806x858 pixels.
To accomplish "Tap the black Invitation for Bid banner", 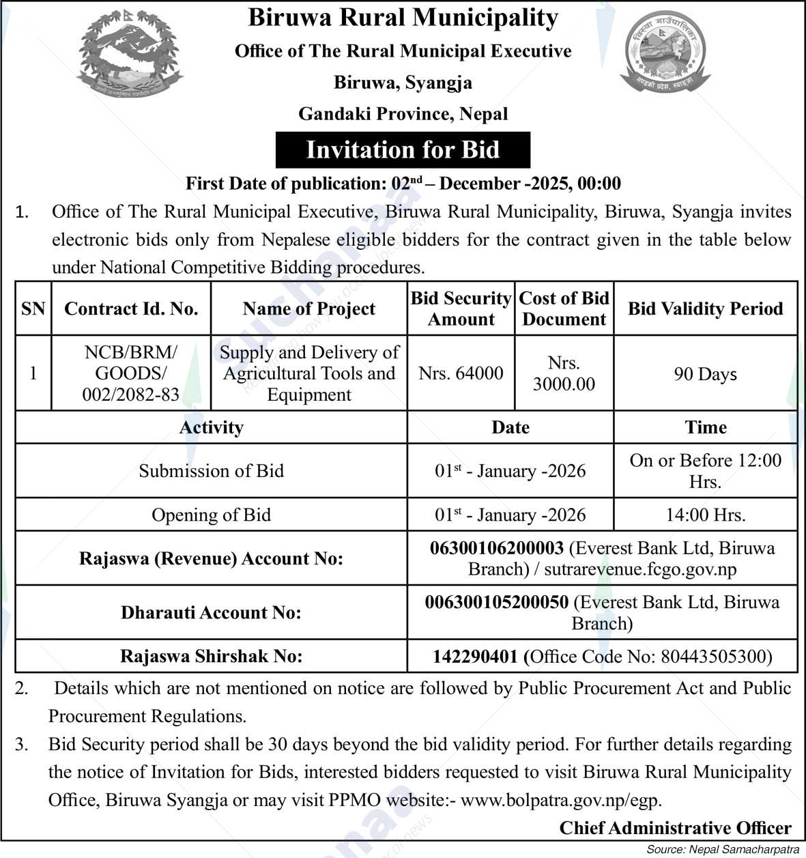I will (x=403, y=149).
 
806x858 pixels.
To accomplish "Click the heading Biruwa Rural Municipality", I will (x=403, y=18).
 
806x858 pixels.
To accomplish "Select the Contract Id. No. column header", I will (x=131, y=309).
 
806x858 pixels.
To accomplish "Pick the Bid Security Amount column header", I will (x=461, y=309).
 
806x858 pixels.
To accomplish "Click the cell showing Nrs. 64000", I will (x=461, y=373).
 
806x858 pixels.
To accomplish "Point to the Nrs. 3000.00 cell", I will (x=564, y=373).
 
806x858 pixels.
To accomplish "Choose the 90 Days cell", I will (x=705, y=374).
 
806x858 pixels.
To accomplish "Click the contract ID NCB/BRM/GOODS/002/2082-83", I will (x=131, y=373).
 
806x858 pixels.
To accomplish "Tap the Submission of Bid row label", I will (x=211, y=471).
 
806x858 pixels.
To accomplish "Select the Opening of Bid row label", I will (x=211, y=515).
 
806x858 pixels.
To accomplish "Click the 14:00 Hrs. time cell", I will (x=705, y=515).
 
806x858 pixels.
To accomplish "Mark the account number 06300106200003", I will (x=497, y=548).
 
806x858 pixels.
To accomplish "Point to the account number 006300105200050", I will (x=496, y=602).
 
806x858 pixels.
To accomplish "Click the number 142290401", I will (x=475, y=657).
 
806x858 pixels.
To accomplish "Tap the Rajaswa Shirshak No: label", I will (x=211, y=657).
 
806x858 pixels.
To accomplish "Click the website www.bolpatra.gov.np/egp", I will (x=561, y=800).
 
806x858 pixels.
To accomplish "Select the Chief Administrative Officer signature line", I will (x=675, y=828).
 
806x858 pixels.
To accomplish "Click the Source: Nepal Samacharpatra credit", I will (x=723, y=850).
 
